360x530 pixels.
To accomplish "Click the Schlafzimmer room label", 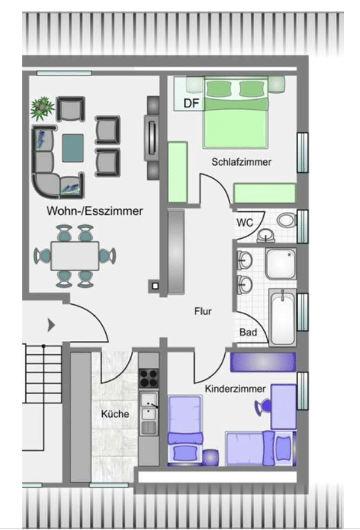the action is click(x=241, y=162).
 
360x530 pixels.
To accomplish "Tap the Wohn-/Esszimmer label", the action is click(x=94, y=211).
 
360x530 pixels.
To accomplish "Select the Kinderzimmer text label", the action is click(x=235, y=389).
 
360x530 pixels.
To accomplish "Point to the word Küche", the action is click(x=115, y=414).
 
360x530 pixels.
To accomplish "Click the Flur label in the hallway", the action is click(x=203, y=311).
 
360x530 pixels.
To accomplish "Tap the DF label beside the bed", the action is click(x=191, y=103).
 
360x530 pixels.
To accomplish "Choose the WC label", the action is click(x=245, y=223).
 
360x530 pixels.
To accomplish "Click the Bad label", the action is click(x=248, y=332).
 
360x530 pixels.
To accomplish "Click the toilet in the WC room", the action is click(x=287, y=220).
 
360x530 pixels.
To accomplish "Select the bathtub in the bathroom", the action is click(x=282, y=317).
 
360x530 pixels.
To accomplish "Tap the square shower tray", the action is click(x=281, y=263).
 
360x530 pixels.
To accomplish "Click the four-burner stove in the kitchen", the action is click(x=149, y=378).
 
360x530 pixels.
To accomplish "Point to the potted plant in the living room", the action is click(x=42, y=108).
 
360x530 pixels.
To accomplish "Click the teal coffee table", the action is click(x=73, y=148).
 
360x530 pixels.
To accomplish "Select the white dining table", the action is click(x=74, y=256).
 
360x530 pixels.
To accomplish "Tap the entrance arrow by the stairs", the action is click(x=51, y=325).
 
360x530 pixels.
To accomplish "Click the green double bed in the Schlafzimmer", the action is click(x=236, y=112).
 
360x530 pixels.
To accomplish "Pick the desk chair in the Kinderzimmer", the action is click(x=263, y=406).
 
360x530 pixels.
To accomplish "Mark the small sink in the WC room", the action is click(x=266, y=235).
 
